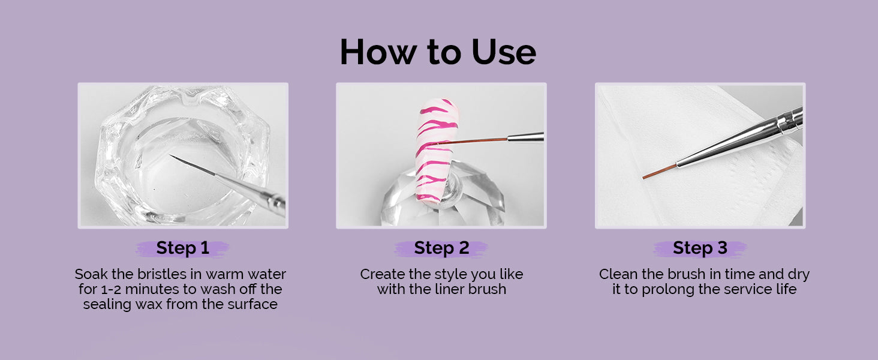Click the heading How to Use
pos(438,52)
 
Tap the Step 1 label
pos(183,248)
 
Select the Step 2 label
pos(441,248)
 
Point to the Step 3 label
pos(700,248)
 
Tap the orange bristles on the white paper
pos(660,172)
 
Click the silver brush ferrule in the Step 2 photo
pos(525,137)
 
